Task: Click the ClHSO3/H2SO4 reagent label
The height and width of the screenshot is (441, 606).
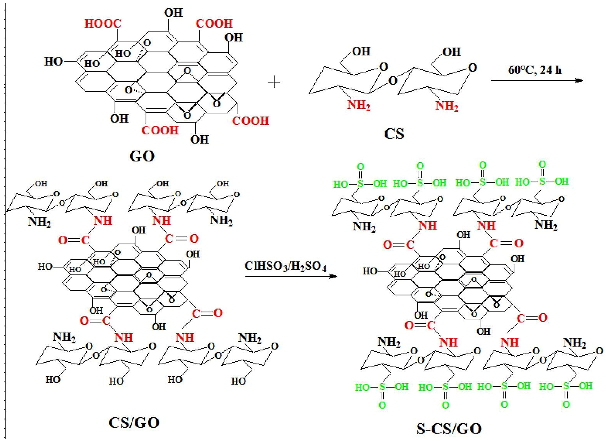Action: [285, 266]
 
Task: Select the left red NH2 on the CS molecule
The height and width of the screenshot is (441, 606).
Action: [358, 105]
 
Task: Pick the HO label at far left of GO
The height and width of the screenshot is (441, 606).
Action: [53, 62]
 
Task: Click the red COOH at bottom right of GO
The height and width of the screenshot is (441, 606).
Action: [250, 121]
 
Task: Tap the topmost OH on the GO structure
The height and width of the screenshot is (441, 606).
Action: [173, 13]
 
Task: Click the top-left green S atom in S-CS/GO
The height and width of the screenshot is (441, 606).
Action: [360, 183]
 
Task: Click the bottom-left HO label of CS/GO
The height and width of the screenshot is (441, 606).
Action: [53, 379]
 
